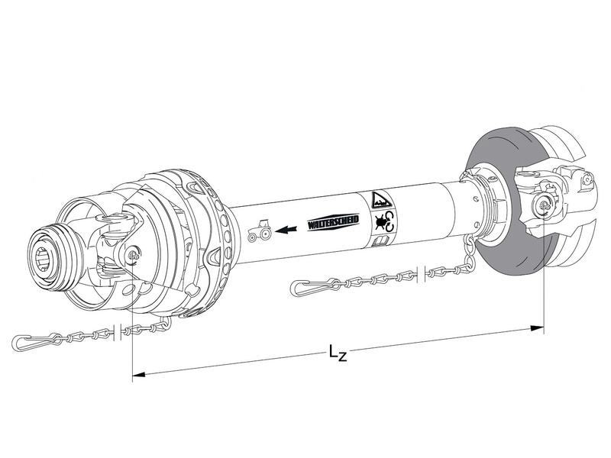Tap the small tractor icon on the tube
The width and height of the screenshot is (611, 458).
click(x=260, y=231)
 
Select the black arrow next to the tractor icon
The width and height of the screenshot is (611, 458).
click(x=288, y=227)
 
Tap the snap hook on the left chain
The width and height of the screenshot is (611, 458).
click(x=34, y=339)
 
